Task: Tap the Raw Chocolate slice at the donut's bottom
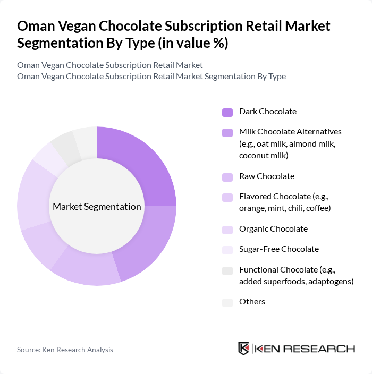[x=88, y=269]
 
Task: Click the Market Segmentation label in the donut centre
[x=97, y=206]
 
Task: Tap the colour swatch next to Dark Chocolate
[x=227, y=112]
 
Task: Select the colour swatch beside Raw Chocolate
[x=227, y=177]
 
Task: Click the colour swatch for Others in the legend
[x=227, y=302]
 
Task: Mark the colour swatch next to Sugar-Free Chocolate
[x=227, y=250]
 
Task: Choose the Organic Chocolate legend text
[x=273, y=229]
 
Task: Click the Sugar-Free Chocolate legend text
[x=279, y=249]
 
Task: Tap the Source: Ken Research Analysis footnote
[x=65, y=350]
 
